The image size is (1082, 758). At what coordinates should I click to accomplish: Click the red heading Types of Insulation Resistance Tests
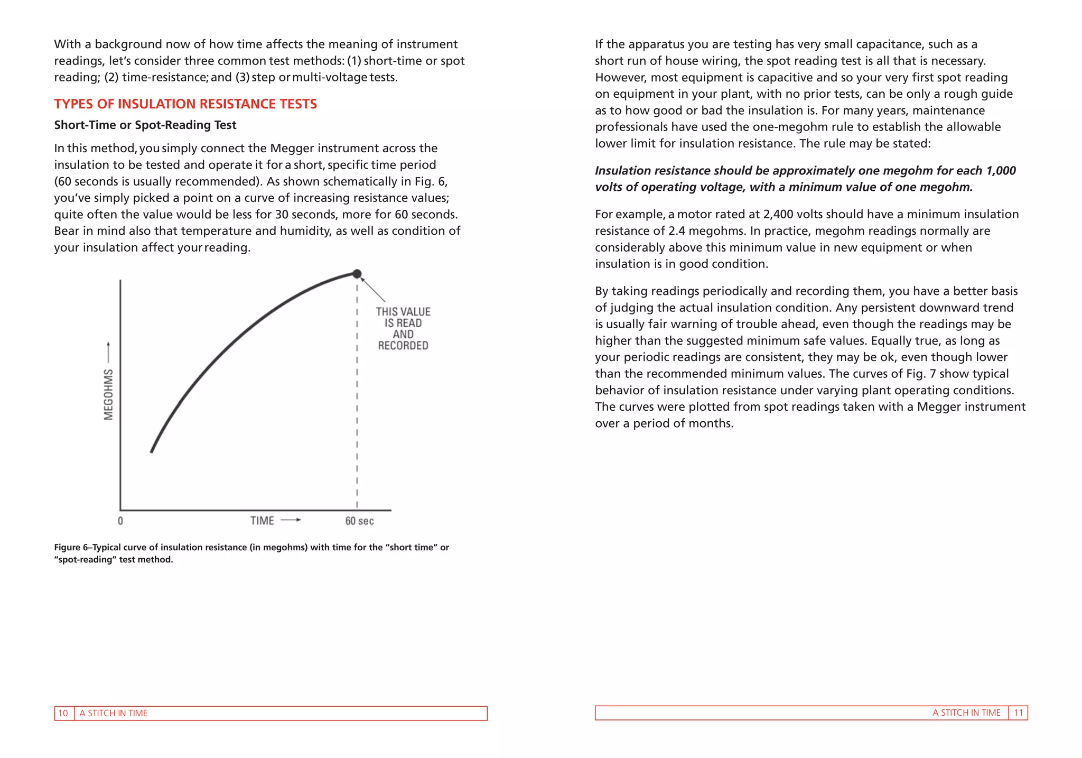tap(185, 104)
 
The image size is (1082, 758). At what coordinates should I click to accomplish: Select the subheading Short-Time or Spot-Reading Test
tap(145, 125)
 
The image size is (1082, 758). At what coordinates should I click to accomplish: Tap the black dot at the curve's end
tap(357, 274)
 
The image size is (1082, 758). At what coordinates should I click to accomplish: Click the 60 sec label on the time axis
tap(359, 521)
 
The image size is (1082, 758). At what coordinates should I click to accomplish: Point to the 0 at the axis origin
tap(120, 521)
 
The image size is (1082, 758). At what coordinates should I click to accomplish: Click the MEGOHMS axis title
tap(109, 394)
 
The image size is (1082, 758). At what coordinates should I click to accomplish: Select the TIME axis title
tap(262, 521)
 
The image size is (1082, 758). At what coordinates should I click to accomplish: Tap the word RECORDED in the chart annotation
tap(403, 346)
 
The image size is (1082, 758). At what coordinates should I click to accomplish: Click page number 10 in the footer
tap(63, 713)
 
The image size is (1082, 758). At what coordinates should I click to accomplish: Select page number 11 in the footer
tap(1018, 713)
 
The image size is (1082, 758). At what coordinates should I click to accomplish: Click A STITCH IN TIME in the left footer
tap(114, 713)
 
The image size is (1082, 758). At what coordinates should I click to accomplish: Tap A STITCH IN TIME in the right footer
tap(966, 713)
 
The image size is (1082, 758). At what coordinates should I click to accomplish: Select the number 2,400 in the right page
tap(778, 215)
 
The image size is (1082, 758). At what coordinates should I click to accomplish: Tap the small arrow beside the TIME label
tap(291, 520)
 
